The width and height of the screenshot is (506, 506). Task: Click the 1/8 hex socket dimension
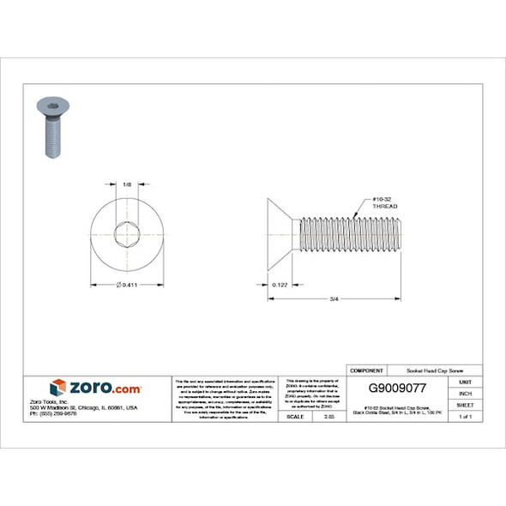point(127,184)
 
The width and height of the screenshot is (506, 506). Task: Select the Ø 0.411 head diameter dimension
point(128,284)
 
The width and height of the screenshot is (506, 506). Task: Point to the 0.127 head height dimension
point(279,284)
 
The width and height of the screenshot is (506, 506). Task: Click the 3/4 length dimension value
point(334,298)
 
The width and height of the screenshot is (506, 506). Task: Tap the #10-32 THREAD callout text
point(385,203)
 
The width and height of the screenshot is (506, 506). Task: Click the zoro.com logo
point(95,388)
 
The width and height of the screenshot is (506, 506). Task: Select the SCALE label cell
point(293,416)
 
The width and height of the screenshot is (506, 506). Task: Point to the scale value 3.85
point(328,416)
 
